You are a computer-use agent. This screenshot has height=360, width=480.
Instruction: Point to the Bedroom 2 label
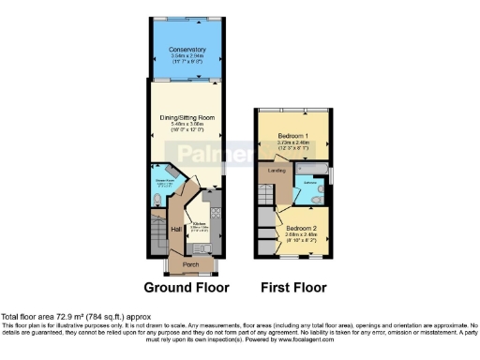(x=302, y=228)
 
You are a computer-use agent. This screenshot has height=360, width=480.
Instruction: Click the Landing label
(x=277, y=171)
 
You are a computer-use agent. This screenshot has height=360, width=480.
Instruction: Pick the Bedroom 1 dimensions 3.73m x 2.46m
(x=294, y=142)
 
